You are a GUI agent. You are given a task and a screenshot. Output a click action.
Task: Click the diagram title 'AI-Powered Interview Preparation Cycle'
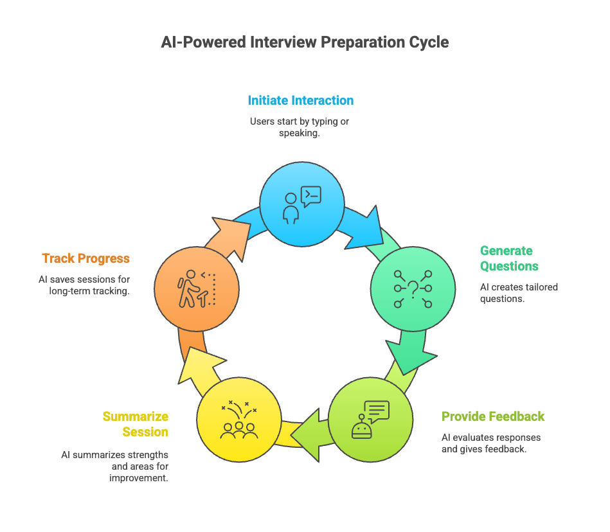pyautogui.click(x=305, y=42)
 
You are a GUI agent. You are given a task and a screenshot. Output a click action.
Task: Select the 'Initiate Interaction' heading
pyautogui.click(x=301, y=100)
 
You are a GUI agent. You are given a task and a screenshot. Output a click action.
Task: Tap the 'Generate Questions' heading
pyautogui.click(x=509, y=258)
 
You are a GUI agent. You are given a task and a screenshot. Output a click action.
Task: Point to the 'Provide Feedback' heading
pyautogui.click(x=493, y=416)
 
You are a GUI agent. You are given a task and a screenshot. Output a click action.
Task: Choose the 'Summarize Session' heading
pyautogui.click(x=136, y=424)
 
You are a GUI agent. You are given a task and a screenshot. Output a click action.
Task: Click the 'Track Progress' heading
pyautogui.click(x=86, y=258)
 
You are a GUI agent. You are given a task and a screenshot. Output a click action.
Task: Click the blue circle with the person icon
pyautogui.click(x=302, y=204)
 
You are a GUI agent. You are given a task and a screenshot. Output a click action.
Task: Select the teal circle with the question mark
pyautogui.click(x=413, y=289)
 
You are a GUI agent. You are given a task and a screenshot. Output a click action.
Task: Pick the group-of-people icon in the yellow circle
pyautogui.click(x=239, y=420)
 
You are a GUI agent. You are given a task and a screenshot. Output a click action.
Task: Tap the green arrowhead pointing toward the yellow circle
pyautogui.click(x=307, y=435)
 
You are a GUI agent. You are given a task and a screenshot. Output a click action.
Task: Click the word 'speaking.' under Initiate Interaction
pyautogui.click(x=299, y=133)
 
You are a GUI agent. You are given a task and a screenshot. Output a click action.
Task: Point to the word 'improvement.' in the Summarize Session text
pyautogui.click(x=138, y=477)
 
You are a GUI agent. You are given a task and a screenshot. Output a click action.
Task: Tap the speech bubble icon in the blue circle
pyautogui.click(x=311, y=196)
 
